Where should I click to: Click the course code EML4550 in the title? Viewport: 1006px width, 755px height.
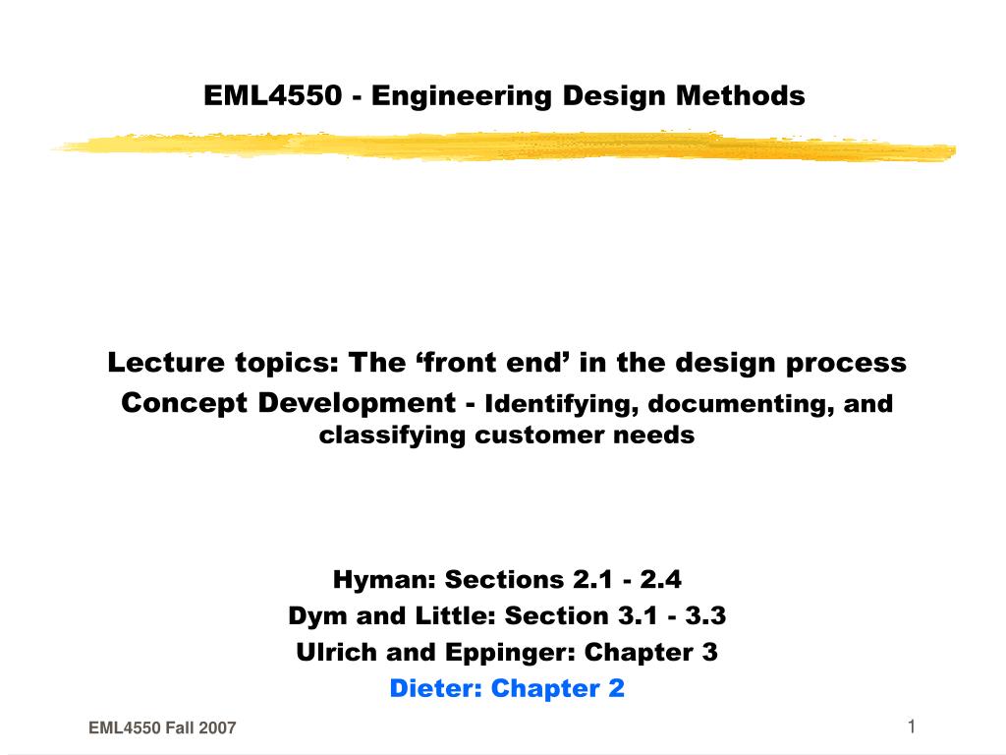click(273, 95)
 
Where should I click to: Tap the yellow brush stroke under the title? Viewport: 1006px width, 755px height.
click(503, 147)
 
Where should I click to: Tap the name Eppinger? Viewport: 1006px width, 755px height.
click(526, 652)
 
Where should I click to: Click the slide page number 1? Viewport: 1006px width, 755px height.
click(912, 726)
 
